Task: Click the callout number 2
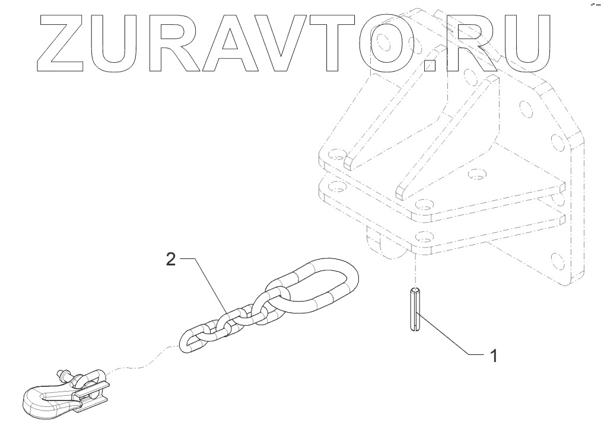[171, 259]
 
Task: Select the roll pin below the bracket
[414, 307]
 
